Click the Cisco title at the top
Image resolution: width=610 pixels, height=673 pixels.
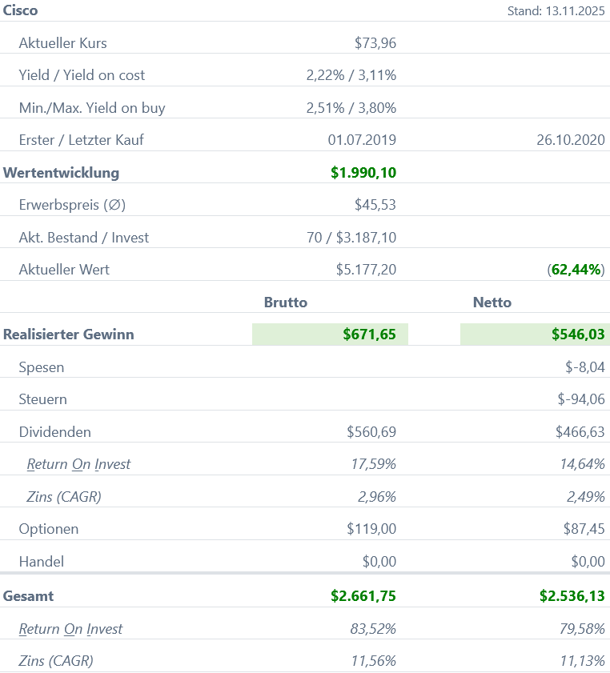click(21, 10)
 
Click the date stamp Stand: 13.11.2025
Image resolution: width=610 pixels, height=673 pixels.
click(556, 11)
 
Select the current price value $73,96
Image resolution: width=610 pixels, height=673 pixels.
click(375, 43)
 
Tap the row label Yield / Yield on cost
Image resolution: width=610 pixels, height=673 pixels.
click(82, 75)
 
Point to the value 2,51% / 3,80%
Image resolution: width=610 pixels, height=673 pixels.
click(351, 108)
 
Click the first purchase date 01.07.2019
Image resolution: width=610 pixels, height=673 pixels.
click(362, 140)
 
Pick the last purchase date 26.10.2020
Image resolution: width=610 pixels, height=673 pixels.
click(571, 140)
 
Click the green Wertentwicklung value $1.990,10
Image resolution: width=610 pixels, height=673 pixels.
click(363, 173)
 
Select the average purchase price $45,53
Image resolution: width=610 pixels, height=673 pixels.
click(375, 205)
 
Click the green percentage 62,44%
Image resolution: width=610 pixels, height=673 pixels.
click(577, 270)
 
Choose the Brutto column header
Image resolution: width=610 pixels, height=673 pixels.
click(286, 302)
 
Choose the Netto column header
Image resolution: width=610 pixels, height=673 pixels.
click(492, 302)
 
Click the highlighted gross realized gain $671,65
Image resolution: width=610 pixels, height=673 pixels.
click(369, 334)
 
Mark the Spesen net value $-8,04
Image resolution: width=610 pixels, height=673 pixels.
click(584, 367)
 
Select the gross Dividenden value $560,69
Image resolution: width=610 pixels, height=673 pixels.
click(371, 432)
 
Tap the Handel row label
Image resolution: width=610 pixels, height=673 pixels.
click(42, 562)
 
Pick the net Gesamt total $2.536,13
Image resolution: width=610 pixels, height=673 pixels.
click(572, 596)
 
